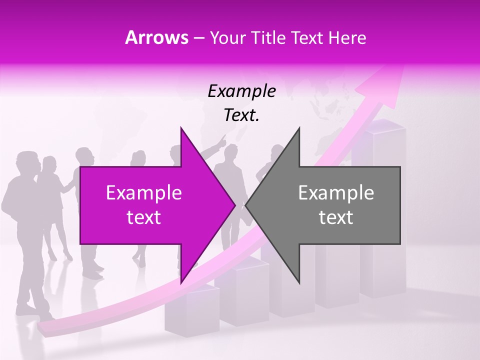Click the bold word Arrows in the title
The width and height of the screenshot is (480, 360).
pyautogui.click(x=156, y=37)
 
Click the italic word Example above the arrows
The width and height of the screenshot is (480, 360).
pyautogui.click(x=241, y=91)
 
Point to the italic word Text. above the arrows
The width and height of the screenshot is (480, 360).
pyautogui.click(x=241, y=115)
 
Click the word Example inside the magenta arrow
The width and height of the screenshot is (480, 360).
pyautogui.click(x=143, y=192)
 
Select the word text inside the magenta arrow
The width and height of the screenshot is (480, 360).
pyautogui.click(x=143, y=217)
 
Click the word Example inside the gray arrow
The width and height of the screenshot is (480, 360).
pyautogui.click(x=336, y=192)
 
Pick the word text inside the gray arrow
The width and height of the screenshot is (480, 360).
pyautogui.click(x=336, y=217)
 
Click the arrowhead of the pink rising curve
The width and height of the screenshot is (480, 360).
pyautogui.click(x=387, y=80)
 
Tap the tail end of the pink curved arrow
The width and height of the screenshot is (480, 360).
pyautogui.click(x=45, y=327)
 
